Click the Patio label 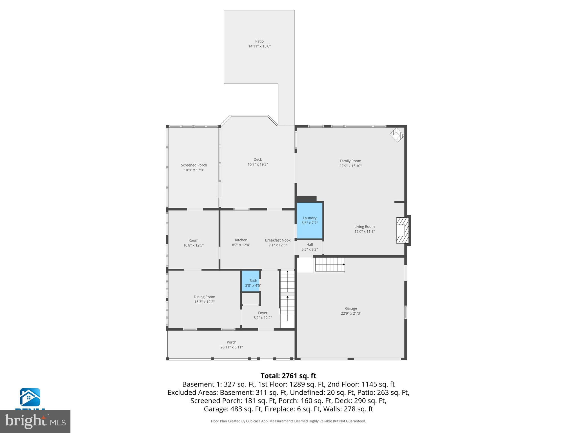coord(259,41)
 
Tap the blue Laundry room coord(310,220)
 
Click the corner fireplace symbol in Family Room coord(397,135)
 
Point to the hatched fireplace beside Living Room coord(402,230)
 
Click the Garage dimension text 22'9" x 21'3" coord(351,313)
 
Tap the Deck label coord(258,160)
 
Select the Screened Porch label coord(194,165)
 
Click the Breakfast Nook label coord(278,240)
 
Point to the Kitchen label coord(241,240)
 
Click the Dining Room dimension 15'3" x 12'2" coord(204,302)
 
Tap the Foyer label coord(263,313)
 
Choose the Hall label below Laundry coord(309,244)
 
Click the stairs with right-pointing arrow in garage coord(330,264)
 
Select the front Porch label coord(231,342)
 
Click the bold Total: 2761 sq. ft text coord(288,376)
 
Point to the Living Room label coord(364,227)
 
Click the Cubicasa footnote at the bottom coord(288,421)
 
